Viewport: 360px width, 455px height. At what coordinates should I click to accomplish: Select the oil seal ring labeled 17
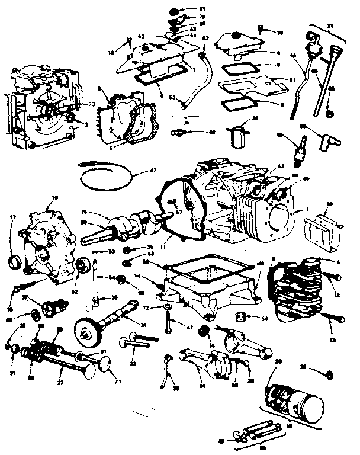pos(14,261)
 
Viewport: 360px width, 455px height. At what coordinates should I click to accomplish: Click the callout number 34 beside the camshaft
pos(143,323)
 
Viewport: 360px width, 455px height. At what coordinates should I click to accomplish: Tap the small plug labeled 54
pos(242,314)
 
